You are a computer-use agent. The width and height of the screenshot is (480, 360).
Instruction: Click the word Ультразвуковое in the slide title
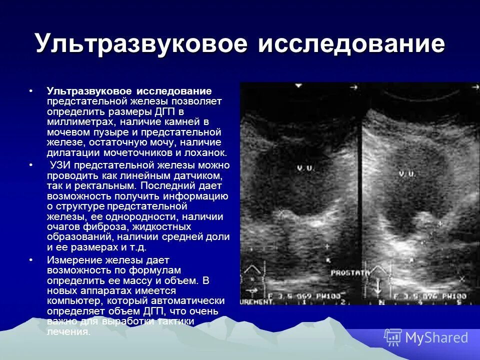[141, 44]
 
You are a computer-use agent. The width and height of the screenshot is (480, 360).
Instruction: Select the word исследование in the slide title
[351, 44]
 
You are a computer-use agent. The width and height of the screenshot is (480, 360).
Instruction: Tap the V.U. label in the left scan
[305, 168]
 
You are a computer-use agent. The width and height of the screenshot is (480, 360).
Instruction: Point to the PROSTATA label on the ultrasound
[350, 272]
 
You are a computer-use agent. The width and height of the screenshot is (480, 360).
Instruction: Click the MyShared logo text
[437, 338]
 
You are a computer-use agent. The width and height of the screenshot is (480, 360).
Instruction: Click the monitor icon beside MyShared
[393, 337]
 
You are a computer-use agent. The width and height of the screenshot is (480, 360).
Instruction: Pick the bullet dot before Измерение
[31, 259]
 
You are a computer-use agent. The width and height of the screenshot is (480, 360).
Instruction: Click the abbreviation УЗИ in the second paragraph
[60, 165]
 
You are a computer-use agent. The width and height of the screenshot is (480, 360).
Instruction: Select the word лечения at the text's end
[68, 331]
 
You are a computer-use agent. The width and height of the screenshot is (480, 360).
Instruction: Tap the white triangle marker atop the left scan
[298, 86]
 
